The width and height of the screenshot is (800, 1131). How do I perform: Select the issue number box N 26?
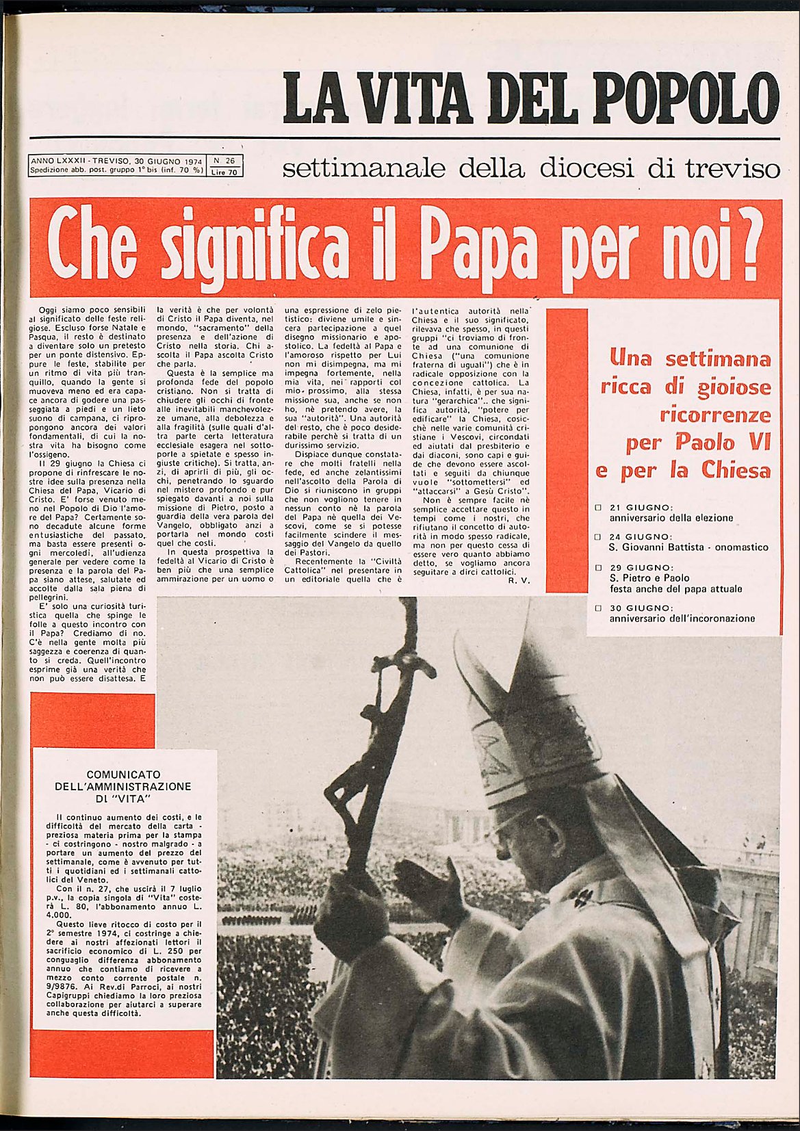pos(224,161)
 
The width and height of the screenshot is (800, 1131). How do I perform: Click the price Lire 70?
pos(224,172)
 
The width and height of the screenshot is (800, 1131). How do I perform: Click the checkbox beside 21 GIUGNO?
pos(598,508)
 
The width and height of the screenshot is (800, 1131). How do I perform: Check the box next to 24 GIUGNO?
pos(598,537)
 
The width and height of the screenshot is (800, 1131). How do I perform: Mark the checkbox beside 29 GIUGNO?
pos(598,567)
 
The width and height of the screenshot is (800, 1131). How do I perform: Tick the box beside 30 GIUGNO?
pos(598,608)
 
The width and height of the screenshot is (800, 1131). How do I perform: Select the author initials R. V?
pos(519,580)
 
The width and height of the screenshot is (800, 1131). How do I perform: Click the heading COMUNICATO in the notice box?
pos(123,775)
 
